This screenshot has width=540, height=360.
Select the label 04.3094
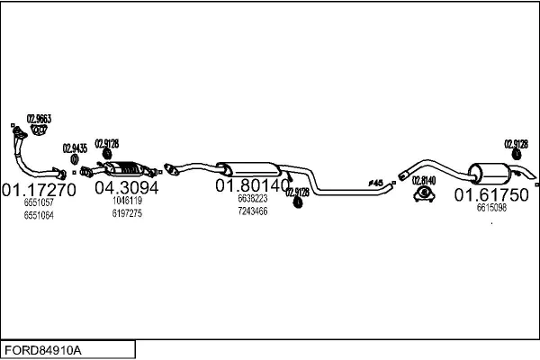point(126,188)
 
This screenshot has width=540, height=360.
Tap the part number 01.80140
point(251,185)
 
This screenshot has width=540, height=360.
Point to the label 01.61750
point(491,194)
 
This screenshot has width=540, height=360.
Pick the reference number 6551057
point(39,203)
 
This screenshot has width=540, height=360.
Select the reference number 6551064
point(39,215)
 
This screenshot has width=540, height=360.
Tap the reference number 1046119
point(127,202)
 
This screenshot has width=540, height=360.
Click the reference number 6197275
point(127,213)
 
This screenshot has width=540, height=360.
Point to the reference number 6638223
point(252,199)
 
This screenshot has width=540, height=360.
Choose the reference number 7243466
point(252,211)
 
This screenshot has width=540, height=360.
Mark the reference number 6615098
point(491,208)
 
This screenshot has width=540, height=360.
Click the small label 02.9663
point(39,119)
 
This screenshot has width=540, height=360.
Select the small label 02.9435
point(75,148)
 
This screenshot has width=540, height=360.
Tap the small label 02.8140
point(424,180)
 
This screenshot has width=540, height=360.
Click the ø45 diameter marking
point(375,183)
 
